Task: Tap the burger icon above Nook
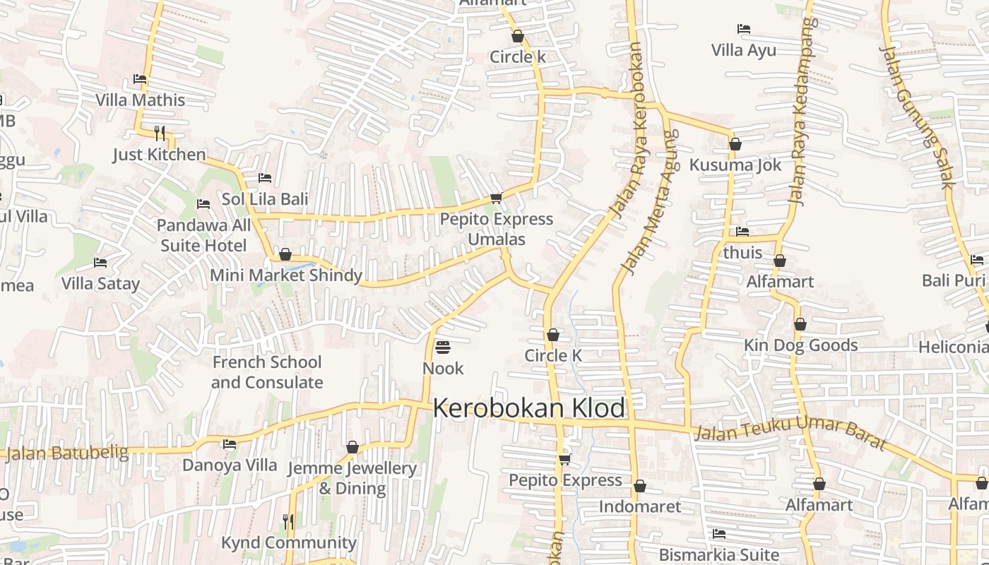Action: pos(443,347)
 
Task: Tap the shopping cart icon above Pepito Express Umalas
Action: pos(496,198)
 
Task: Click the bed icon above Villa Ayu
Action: pos(743,29)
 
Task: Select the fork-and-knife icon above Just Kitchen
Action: pos(160,133)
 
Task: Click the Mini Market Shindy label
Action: pos(286,275)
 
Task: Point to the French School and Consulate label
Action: pos(267,372)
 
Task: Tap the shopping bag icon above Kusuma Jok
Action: pos(735,144)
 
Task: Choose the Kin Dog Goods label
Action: pos(800,345)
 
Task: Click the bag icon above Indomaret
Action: pos(639,486)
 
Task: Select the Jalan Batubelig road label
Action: pos(67,453)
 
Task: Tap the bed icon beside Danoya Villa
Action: pos(230,444)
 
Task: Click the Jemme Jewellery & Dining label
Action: pos(352,478)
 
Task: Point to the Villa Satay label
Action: pos(100,284)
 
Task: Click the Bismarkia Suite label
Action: pos(718,554)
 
